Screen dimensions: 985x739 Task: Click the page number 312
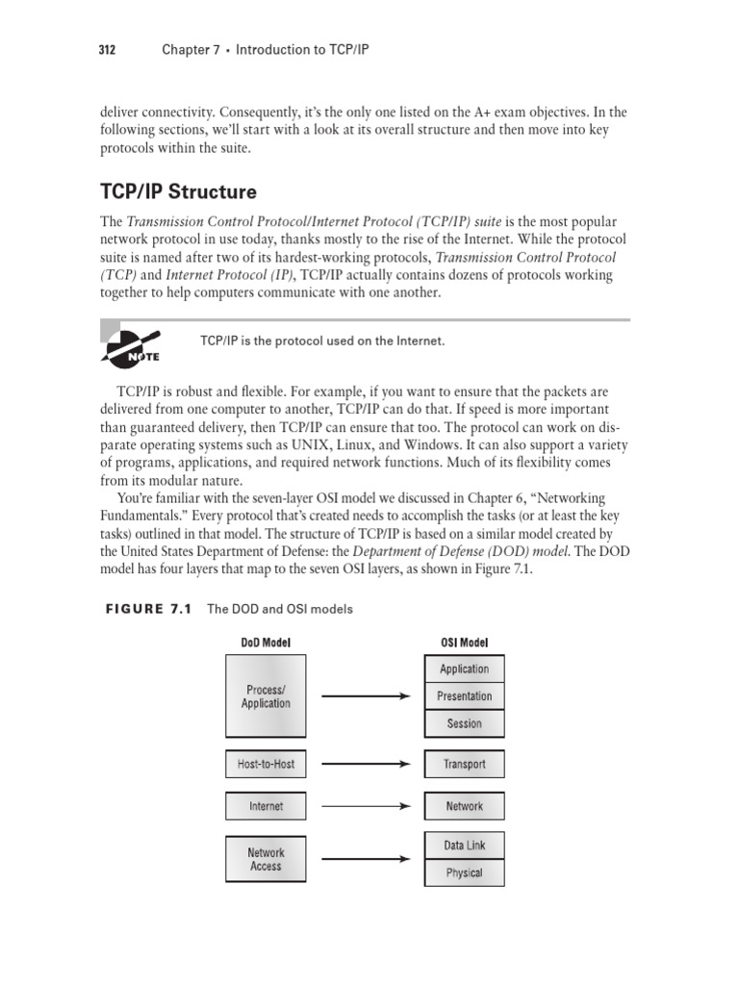[x=108, y=50]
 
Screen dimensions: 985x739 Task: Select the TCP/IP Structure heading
[x=179, y=192]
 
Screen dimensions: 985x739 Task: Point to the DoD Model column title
[x=266, y=642]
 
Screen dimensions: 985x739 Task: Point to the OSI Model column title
[x=464, y=642]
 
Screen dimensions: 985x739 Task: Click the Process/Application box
[x=266, y=696]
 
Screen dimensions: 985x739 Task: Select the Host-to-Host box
[x=266, y=765]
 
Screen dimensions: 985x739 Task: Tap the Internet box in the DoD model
[x=266, y=806]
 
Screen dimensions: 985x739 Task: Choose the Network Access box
[x=266, y=859]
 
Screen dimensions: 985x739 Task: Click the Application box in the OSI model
[x=464, y=669]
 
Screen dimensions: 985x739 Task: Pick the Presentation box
[x=464, y=696]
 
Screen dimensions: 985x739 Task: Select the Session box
[x=464, y=723]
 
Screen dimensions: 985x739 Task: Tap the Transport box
[x=464, y=765]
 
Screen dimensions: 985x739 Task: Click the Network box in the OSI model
[x=464, y=806]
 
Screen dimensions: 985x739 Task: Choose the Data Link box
[x=464, y=846]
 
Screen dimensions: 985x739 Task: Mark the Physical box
[x=464, y=873]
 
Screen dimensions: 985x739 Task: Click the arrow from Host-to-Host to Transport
[x=366, y=765]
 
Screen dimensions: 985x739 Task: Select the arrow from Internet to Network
[x=366, y=806]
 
